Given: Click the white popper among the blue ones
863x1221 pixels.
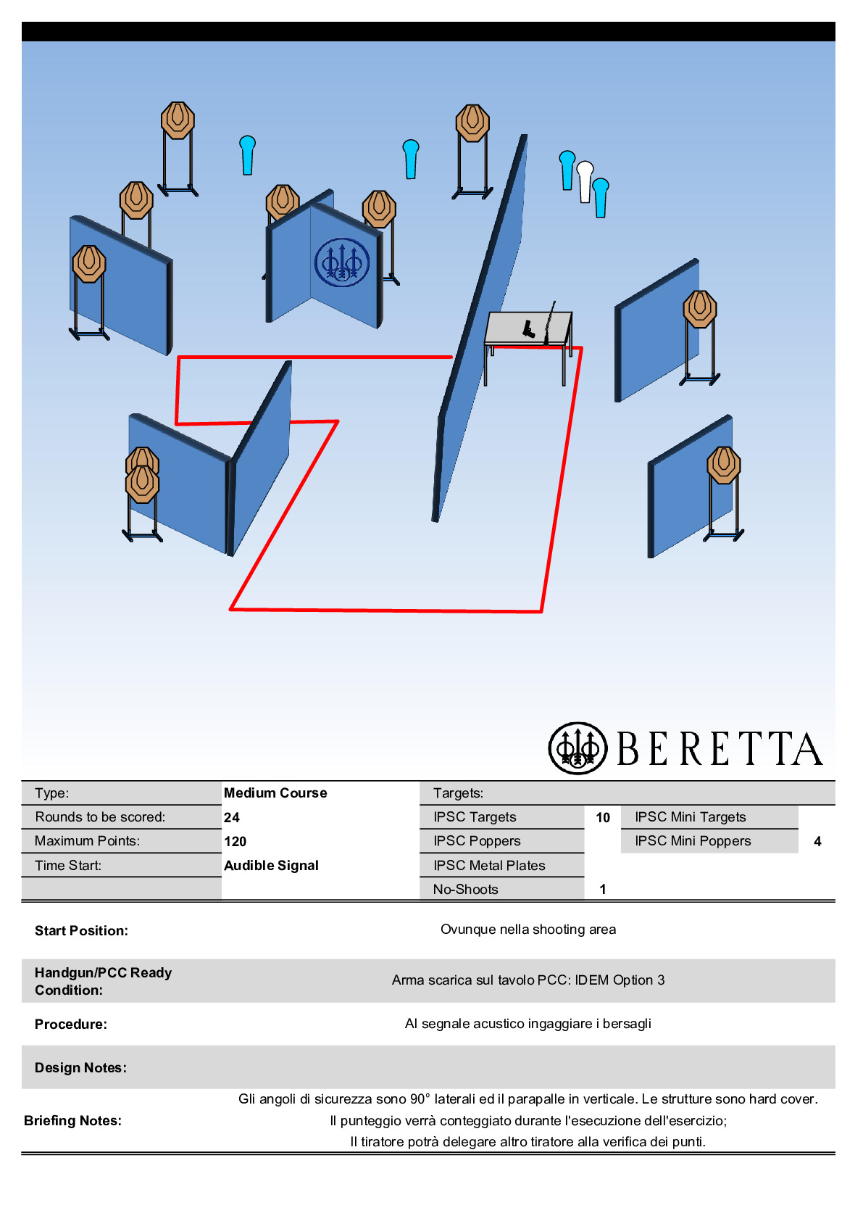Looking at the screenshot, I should point(585,181).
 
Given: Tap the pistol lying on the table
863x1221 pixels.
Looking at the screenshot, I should point(528,330).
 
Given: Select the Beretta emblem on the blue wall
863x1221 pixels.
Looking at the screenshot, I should point(342,262).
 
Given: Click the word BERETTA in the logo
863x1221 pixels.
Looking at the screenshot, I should point(720,749).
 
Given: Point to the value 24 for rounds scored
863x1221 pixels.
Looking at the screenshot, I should point(232,817).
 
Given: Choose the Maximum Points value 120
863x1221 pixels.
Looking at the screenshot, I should point(235,841).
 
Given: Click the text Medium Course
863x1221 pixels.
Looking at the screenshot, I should point(275,792).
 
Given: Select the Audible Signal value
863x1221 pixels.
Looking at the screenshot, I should point(271,865).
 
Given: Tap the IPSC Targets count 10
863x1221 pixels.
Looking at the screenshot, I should point(603,817).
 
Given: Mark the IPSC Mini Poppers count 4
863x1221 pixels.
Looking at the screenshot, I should point(817,841).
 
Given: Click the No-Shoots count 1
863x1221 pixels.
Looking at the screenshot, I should point(603,889).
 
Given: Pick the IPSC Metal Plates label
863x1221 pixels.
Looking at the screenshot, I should point(489,865).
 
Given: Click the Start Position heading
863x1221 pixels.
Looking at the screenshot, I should point(81,930).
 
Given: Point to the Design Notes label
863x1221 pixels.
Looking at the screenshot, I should point(80,1067).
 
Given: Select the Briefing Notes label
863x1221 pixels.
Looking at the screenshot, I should point(72,1120).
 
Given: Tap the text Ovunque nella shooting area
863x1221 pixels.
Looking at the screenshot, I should point(528,930).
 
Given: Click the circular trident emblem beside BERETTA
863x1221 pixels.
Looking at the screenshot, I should point(578,748).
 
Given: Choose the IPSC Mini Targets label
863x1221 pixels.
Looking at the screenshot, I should point(690,817).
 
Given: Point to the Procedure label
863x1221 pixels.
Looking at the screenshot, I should point(70,1024).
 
